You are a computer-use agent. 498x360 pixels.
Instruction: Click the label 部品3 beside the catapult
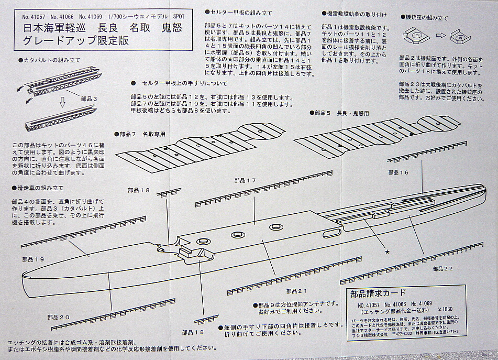click(x=91, y=98)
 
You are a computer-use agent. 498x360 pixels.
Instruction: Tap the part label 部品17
click(x=245, y=180)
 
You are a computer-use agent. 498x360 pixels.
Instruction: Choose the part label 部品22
click(x=442, y=268)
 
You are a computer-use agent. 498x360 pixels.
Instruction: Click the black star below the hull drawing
click(x=388, y=252)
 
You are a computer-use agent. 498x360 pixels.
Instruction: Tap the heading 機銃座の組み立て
click(x=429, y=17)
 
